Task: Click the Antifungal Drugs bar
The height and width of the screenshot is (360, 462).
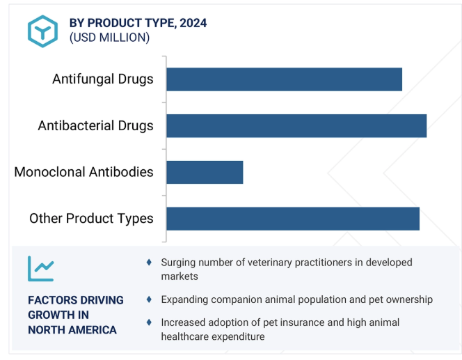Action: coord(284,79)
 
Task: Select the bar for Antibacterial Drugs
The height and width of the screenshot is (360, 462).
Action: coord(296,126)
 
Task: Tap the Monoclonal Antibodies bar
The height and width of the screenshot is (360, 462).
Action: coord(205,172)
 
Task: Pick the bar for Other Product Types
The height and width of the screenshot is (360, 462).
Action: coord(293,219)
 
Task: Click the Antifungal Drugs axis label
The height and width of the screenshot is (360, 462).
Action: coord(103,79)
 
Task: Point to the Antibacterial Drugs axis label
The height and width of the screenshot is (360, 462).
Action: coord(96,125)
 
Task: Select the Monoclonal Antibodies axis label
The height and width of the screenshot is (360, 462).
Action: coord(83,172)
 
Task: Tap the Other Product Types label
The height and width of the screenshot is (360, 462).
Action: coord(91,219)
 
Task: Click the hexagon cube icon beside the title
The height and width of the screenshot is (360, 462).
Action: coord(42,31)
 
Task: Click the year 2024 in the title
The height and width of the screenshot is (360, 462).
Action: coord(193,23)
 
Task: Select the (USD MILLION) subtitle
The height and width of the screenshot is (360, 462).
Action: coord(110,38)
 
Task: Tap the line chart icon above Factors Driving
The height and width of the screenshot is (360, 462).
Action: coord(41,269)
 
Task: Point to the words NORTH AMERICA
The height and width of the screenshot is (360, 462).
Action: coord(72,330)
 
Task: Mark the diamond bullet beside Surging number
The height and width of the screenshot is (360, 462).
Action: coord(149,262)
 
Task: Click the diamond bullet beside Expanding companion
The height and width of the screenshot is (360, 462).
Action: coord(149,299)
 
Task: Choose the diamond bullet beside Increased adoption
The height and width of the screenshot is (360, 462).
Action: coord(149,322)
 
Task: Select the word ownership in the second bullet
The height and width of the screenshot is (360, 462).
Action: coord(410,300)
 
